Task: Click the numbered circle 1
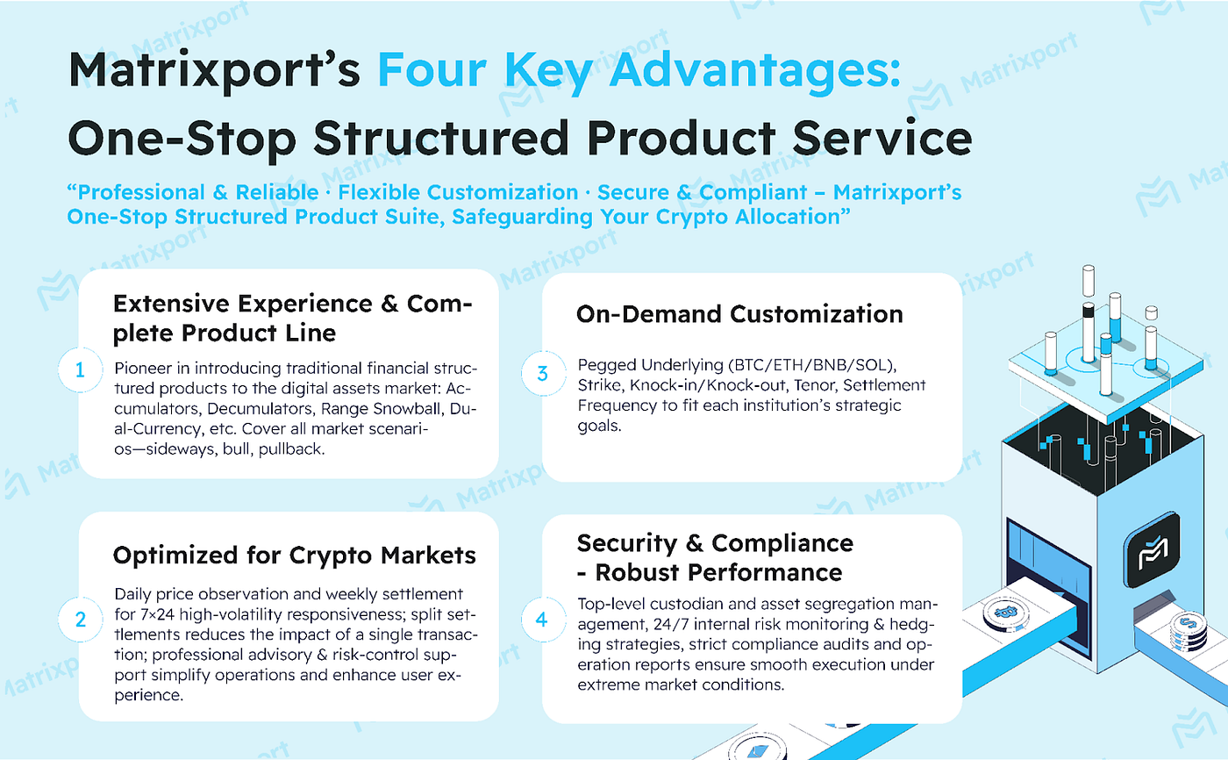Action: [x=80, y=371]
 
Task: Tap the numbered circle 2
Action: [x=80, y=620]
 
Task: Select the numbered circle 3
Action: [x=542, y=373]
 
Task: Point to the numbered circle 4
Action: [x=542, y=620]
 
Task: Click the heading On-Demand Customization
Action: [x=739, y=314]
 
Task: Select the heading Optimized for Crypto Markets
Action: [x=295, y=555]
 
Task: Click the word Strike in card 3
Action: [x=598, y=385]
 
